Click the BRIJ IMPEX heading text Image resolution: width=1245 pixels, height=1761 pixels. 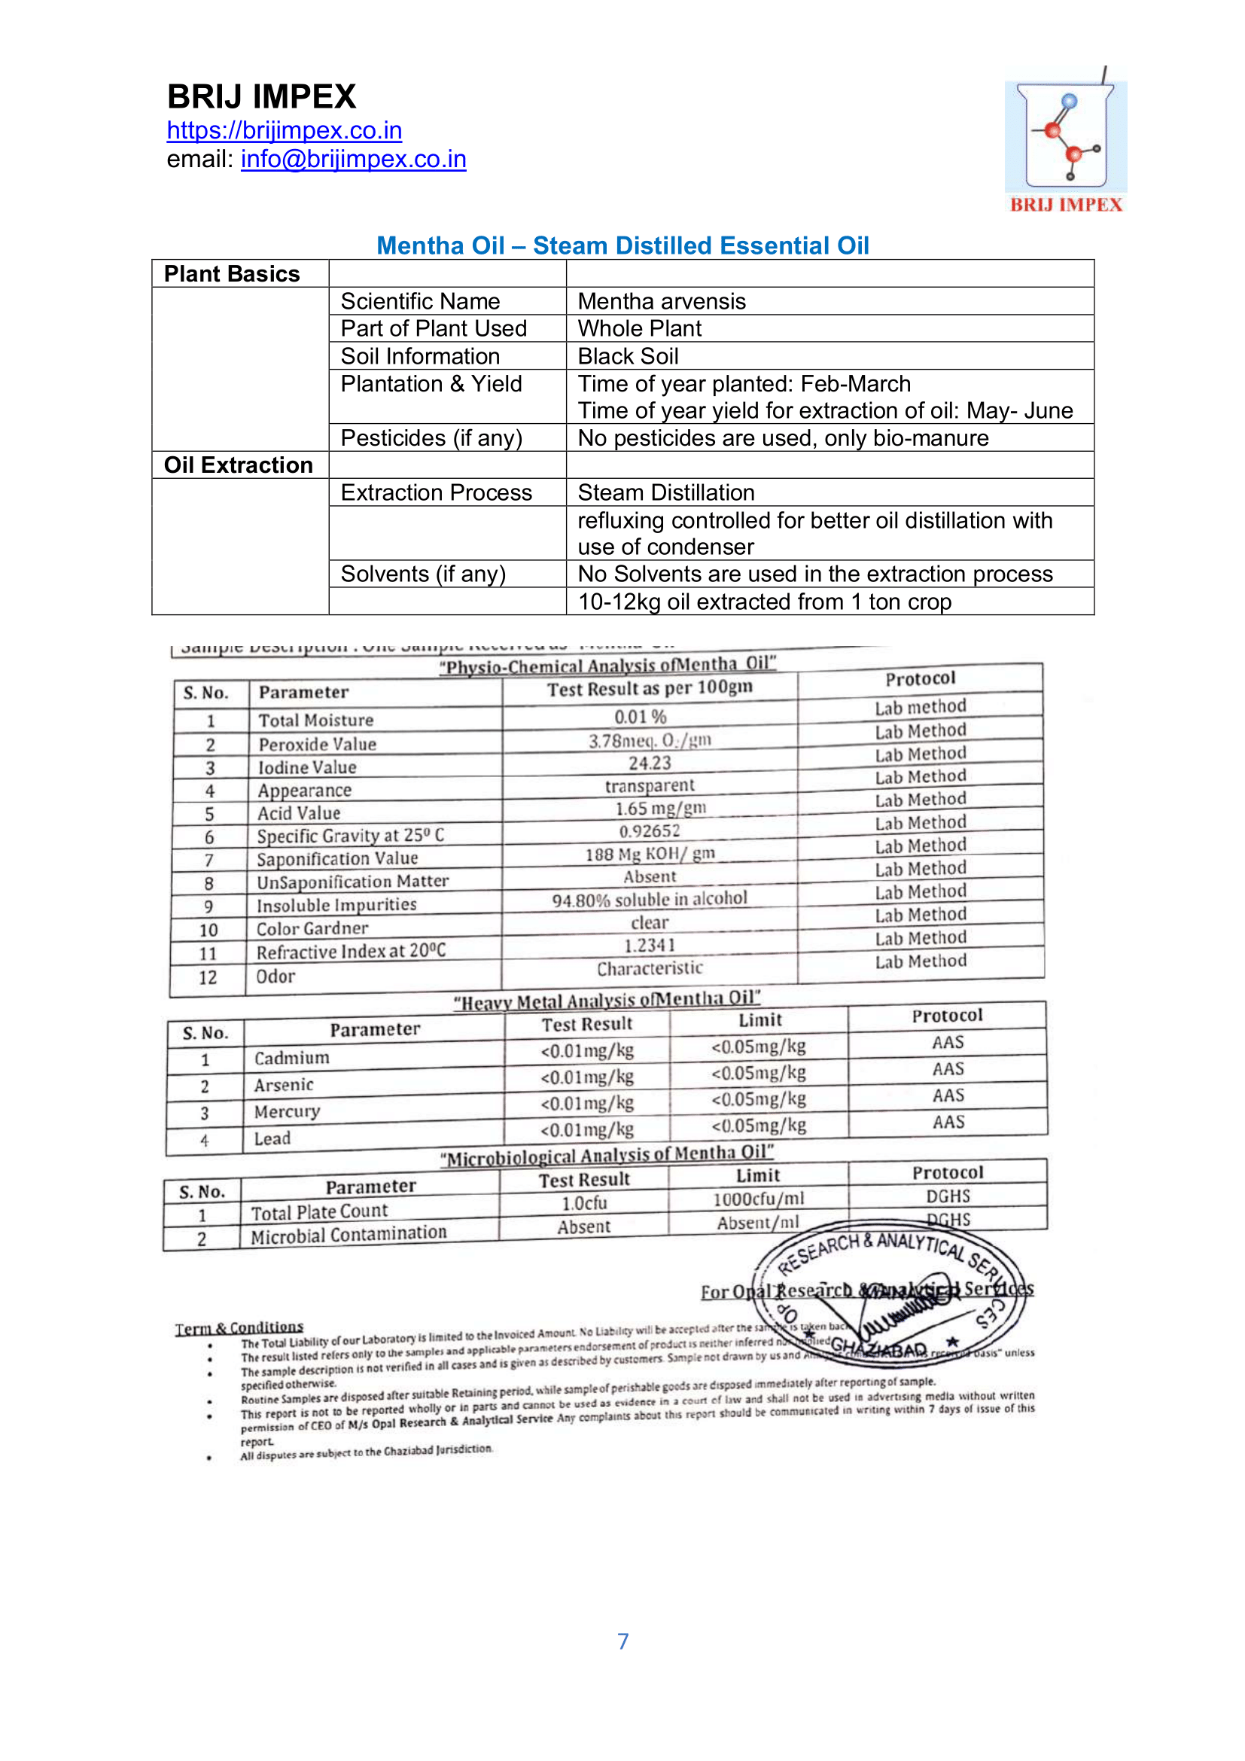click(x=261, y=96)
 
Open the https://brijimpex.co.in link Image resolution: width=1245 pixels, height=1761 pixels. click(x=285, y=130)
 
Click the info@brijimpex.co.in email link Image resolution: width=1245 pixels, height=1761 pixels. click(x=354, y=159)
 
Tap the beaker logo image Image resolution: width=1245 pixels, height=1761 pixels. click(x=1066, y=138)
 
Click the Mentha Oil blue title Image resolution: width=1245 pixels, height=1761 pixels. click(x=622, y=245)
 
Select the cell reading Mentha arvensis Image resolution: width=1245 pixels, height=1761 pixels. click(x=662, y=301)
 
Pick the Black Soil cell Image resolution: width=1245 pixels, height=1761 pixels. click(x=628, y=356)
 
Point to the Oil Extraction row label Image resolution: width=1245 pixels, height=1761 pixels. click(x=239, y=465)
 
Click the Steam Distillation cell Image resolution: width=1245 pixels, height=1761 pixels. click(x=666, y=492)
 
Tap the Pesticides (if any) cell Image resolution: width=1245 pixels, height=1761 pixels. click(x=431, y=438)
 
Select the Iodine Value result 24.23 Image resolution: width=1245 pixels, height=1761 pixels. click(x=650, y=763)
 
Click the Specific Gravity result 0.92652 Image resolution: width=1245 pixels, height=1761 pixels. click(x=650, y=831)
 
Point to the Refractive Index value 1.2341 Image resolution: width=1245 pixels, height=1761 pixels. click(x=650, y=946)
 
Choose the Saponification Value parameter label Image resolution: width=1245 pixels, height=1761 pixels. click(x=337, y=859)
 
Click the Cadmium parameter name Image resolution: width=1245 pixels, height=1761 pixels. click(x=292, y=1059)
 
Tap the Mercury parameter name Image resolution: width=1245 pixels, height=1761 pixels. click(x=288, y=1112)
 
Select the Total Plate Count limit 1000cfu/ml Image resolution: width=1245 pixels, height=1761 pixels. click(x=758, y=1199)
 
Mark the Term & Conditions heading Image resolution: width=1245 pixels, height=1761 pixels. click(x=239, y=1327)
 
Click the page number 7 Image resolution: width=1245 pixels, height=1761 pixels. click(x=622, y=1641)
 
